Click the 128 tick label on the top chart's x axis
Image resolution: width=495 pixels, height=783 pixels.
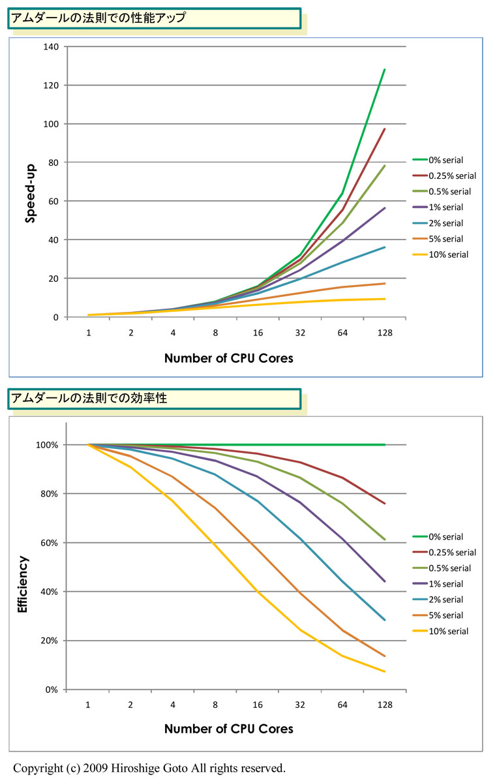pyautogui.click(x=385, y=333)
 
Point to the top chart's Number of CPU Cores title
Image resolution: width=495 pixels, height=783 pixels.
pyautogui.click(x=228, y=358)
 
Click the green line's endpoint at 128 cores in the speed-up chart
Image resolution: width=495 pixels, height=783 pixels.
pyautogui.click(x=385, y=69)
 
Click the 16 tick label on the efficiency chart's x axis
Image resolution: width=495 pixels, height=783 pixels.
pyautogui.click(x=258, y=705)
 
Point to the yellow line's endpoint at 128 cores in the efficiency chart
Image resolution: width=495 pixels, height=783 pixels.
pyautogui.click(x=385, y=671)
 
